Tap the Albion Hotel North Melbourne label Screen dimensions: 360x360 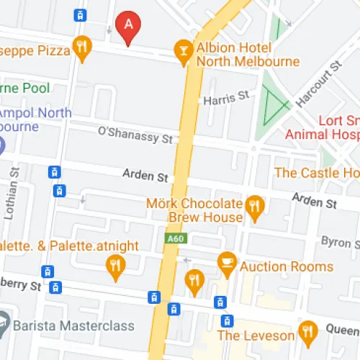(248, 54)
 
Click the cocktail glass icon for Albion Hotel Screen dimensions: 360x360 (184, 50)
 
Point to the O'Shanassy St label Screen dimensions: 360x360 (135, 132)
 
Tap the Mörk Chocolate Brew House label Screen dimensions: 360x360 (194, 210)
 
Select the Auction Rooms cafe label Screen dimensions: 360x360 (287, 266)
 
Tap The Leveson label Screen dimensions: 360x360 (256, 336)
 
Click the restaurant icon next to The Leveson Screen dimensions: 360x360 (308, 332)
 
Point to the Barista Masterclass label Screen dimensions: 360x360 (76, 325)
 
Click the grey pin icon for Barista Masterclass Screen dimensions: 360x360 (3, 321)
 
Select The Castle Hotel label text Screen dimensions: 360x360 (316, 173)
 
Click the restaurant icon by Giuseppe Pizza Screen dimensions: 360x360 (83, 48)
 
